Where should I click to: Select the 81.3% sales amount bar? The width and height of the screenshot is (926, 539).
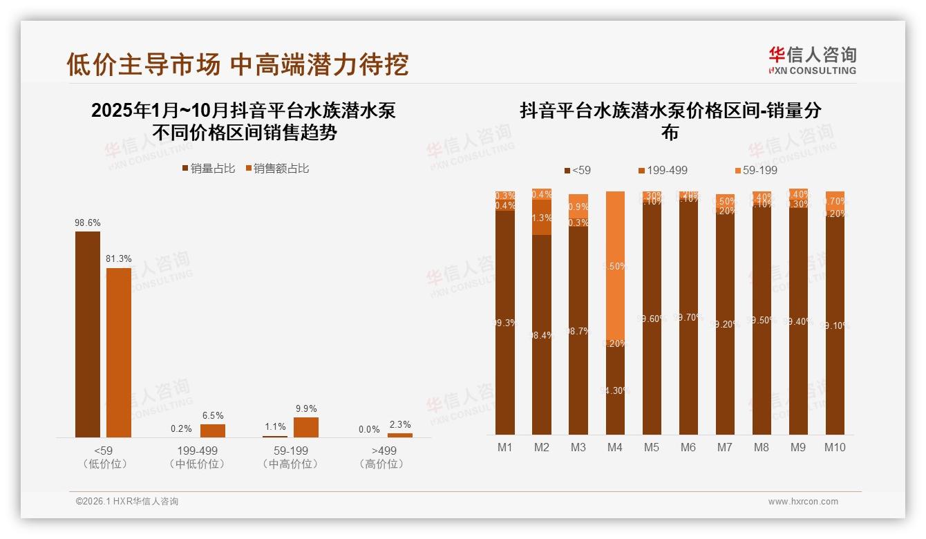coord(118,352)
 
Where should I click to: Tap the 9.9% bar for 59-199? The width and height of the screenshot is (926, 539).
coord(305,427)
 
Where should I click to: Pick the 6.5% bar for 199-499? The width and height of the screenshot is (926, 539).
coord(213,431)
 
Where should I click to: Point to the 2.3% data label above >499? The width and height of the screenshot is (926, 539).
coord(399,425)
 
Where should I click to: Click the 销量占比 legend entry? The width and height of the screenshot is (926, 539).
coord(208,169)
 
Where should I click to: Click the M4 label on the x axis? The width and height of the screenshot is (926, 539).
coord(614,447)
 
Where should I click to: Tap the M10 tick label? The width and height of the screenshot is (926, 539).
coord(835,447)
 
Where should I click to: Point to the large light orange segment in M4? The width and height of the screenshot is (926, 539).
coord(615,266)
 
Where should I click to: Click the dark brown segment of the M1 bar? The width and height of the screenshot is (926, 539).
coord(505,323)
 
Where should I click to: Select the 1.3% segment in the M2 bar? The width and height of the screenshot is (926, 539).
coord(542,218)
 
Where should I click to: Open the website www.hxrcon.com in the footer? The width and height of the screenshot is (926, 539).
coord(803,502)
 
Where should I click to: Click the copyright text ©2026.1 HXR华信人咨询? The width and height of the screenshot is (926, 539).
coord(127,502)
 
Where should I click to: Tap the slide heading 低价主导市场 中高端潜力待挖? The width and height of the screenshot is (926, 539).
coord(238,64)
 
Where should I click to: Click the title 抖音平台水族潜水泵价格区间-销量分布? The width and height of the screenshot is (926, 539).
coord(670,121)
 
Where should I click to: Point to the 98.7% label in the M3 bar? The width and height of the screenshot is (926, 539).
coord(578,332)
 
